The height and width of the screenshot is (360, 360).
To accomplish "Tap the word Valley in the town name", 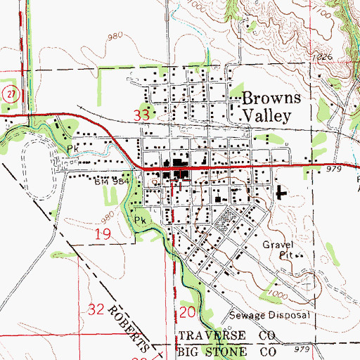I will point(265,116).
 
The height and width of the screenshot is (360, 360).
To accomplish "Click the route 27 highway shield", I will point(8,94).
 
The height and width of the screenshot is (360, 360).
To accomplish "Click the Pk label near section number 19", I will point(140,219).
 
